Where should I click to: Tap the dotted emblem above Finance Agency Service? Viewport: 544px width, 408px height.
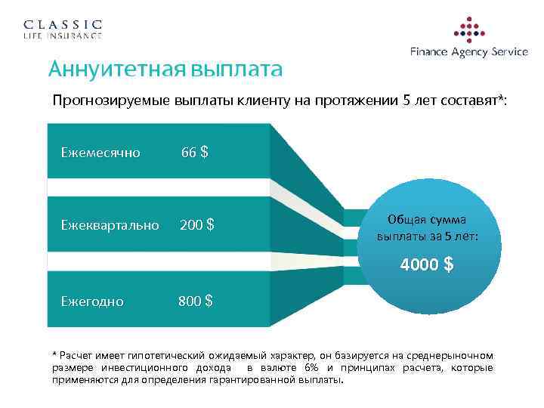pos(469,29)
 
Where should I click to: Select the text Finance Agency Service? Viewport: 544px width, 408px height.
pos(468,52)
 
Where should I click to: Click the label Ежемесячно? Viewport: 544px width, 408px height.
pos(100,153)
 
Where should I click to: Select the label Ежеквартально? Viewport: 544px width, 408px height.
pos(110,225)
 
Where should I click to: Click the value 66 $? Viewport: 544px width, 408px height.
pos(194,153)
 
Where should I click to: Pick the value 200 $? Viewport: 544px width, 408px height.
pos(196,225)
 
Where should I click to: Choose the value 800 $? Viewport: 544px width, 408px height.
pos(195,301)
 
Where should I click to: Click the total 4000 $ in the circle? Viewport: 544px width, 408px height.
pos(427,265)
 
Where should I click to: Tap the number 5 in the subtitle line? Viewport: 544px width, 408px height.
pos(409,100)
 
